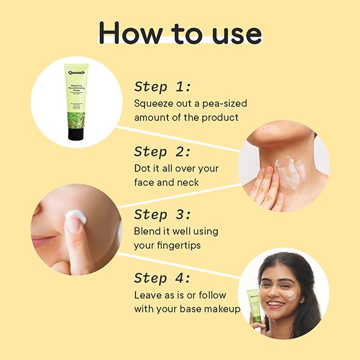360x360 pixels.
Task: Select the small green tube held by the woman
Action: click(x=255, y=305)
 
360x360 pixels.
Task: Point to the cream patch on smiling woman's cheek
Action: click(x=290, y=295)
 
